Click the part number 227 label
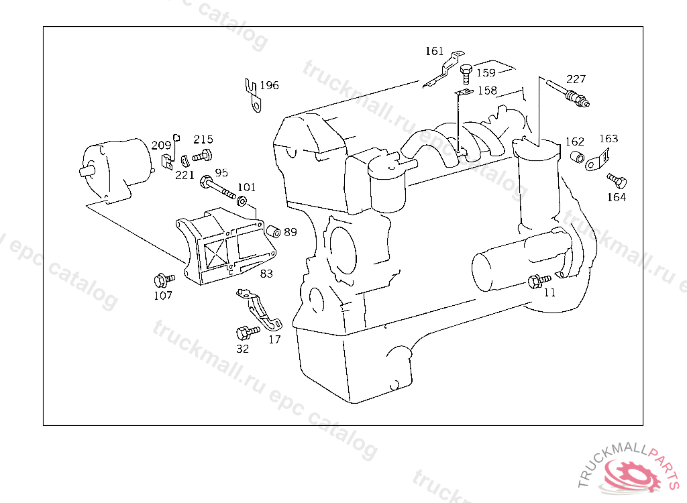(576, 79)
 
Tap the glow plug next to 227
(568, 93)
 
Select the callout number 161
(434, 51)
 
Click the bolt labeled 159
(466, 74)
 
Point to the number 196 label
(269, 85)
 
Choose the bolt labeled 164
(617, 180)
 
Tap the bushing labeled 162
(578, 156)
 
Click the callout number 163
(609, 138)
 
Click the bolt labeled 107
(164, 279)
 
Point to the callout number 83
(266, 274)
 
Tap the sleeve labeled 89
(274, 231)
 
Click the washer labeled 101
(242, 202)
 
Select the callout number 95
(221, 172)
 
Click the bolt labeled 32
(247, 332)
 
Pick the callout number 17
(274, 339)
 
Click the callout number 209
(161, 145)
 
